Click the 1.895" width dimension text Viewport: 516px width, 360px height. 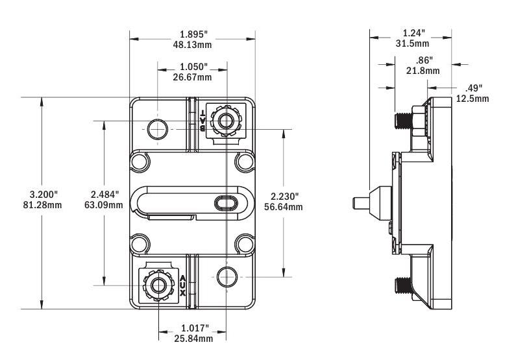pyautogui.click(x=194, y=34)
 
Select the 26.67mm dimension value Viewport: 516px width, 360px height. pyautogui.click(x=192, y=77)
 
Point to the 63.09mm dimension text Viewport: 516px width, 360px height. pyautogui.click(x=104, y=205)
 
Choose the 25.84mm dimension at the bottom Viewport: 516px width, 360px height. pyautogui.click(x=193, y=339)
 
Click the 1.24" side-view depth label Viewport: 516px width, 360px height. pyautogui.click(x=414, y=33)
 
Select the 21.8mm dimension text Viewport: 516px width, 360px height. pyautogui.click(x=423, y=71)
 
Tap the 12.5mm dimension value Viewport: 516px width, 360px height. pyautogui.click(x=473, y=99)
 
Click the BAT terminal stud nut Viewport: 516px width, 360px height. pyautogui.click(x=226, y=121)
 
